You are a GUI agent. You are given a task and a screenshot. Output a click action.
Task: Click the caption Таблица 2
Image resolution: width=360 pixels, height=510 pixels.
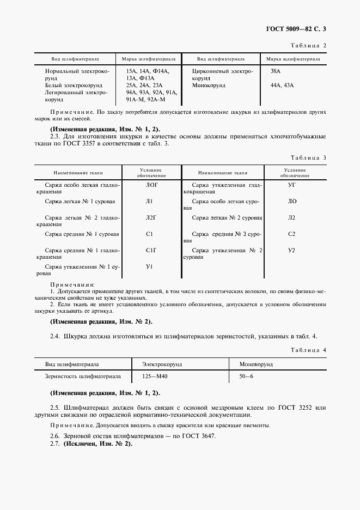click(309, 45)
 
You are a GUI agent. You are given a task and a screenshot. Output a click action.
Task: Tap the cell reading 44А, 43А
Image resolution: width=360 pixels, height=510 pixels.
click(282, 86)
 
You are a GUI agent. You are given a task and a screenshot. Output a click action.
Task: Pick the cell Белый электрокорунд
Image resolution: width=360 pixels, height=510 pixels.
click(72, 86)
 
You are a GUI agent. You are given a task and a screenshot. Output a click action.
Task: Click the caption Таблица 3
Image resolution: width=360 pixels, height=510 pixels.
click(309, 157)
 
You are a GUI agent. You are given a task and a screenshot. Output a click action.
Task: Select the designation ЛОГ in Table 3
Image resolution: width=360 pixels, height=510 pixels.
click(151, 185)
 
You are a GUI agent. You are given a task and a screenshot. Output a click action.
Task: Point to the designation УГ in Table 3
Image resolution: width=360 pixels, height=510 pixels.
click(291, 185)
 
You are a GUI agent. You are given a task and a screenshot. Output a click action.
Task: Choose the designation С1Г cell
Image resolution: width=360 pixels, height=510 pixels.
click(151, 250)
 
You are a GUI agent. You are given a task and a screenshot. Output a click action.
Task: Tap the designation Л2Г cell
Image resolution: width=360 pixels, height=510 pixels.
click(151, 218)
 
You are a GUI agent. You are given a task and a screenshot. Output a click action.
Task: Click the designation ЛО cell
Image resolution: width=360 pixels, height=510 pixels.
click(291, 202)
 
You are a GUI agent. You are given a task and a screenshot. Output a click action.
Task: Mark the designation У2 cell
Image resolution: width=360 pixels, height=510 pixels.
click(291, 250)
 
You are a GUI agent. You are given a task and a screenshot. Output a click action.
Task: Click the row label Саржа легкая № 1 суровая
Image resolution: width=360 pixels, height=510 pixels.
click(80, 202)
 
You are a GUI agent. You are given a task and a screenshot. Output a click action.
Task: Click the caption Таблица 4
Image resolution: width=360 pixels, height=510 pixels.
click(309, 349)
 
